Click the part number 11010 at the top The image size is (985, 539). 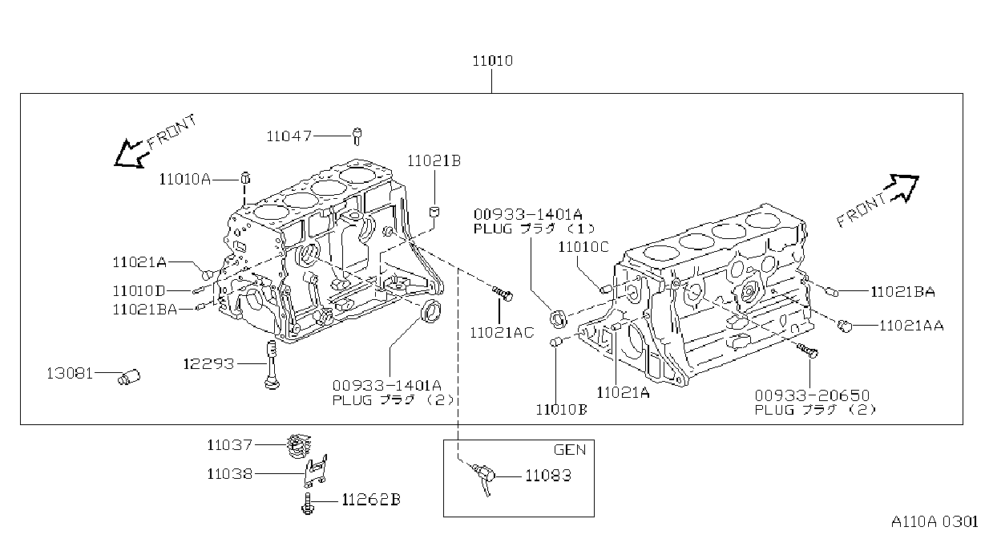click(492, 61)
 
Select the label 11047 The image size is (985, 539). click(289, 136)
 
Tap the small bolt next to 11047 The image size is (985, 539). click(357, 136)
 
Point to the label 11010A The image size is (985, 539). click(184, 179)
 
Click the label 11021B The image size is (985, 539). click(434, 161)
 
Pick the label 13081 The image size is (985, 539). click(70, 374)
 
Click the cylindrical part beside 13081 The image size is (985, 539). click(129, 377)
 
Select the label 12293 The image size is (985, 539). click(208, 364)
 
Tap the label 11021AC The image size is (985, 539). click(502, 333)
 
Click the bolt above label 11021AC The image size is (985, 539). click(503, 294)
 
